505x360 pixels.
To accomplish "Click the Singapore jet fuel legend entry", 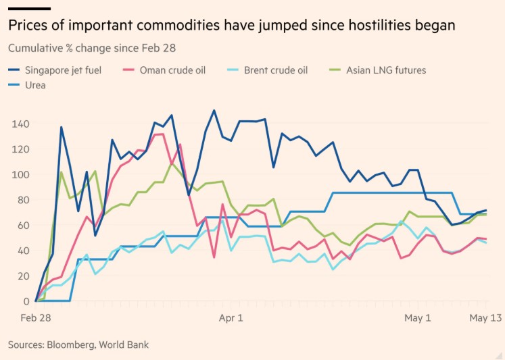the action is [x=55, y=70].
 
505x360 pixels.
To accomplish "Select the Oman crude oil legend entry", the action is [x=164, y=70].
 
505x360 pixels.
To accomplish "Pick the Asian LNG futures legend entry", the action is [x=377, y=70].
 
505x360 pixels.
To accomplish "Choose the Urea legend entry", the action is [x=27, y=85].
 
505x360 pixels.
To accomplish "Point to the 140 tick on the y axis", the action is [x=20, y=124].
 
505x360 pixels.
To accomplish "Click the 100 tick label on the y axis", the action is [x=20, y=175].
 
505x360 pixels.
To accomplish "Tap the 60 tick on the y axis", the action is [x=23, y=225].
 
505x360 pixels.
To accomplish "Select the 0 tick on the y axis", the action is [x=26, y=301].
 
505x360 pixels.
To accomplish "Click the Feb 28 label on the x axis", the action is [x=36, y=318].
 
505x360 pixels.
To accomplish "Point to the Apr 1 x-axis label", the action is [x=231, y=318].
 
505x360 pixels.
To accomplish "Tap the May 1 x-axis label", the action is [x=417, y=318].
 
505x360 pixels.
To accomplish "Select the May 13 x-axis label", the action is [x=485, y=318].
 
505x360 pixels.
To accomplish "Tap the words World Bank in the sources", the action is [x=124, y=344].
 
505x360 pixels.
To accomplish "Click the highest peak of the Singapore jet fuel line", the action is [x=214, y=110].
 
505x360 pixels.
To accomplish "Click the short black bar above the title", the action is [x=29, y=9].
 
